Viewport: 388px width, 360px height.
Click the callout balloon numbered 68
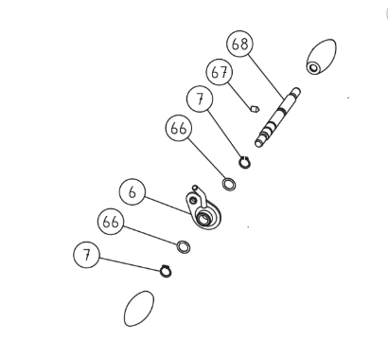(239, 44)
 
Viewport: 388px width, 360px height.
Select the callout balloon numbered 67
(220, 72)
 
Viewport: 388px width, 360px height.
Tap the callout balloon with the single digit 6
(132, 191)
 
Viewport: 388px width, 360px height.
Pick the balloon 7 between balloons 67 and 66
(200, 99)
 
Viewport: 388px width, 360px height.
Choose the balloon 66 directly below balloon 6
(111, 222)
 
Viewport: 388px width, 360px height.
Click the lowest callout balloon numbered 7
(87, 255)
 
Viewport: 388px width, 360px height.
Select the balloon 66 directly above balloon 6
(179, 128)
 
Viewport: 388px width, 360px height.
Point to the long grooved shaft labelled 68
(277, 117)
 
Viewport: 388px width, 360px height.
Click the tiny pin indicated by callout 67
(255, 109)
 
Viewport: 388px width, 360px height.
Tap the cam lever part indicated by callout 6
(203, 208)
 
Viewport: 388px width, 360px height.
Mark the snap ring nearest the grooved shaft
(244, 162)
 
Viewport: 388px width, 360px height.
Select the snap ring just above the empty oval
(166, 271)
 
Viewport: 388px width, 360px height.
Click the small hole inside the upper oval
(313, 67)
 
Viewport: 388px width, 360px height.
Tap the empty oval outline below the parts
(139, 309)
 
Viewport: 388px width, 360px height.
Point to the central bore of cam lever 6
(203, 218)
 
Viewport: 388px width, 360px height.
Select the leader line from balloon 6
(168, 206)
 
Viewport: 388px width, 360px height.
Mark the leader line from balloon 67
(240, 95)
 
